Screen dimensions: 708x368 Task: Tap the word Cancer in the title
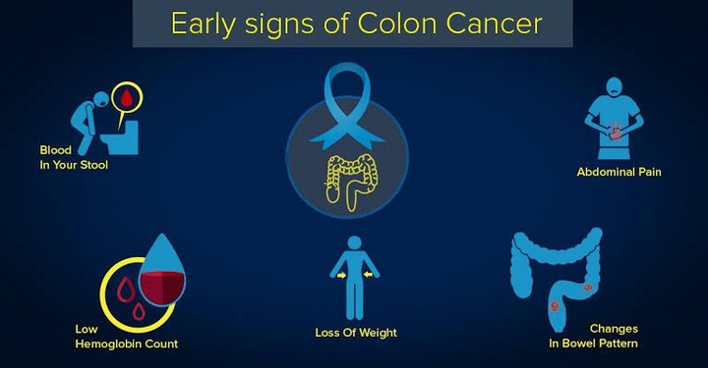pos(494,24)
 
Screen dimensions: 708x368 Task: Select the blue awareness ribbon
pos(347,106)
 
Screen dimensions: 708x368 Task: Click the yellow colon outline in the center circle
pos(351,182)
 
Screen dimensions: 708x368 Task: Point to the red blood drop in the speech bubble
pos(127,97)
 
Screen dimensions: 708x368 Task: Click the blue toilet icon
pos(120,137)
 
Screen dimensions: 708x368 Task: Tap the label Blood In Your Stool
pos(74,157)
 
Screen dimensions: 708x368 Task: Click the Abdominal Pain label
pos(619,172)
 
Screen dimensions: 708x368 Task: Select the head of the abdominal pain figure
pos(614,86)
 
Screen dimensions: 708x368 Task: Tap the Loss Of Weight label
pos(356,333)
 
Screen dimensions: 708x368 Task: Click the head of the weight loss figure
pos(354,242)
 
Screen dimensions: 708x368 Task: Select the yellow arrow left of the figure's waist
pos(341,275)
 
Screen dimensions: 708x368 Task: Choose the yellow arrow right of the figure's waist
pos(368,275)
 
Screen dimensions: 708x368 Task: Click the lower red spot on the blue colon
pos(555,307)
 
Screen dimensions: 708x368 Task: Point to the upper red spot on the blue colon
pos(587,287)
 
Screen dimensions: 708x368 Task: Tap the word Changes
pos(614,329)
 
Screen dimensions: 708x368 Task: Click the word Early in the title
pos(203,25)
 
